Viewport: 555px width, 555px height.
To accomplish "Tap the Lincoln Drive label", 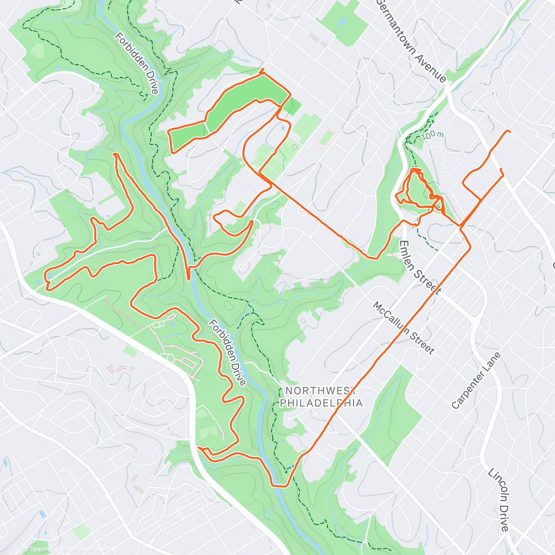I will pyautogui.click(x=499, y=499).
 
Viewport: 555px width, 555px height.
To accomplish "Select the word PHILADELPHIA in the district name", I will pyautogui.click(x=321, y=403).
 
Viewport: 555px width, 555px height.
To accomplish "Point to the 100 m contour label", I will pyautogui.click(x=432, y=135).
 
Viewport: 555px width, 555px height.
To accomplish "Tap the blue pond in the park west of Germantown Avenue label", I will pyautogui.click(x=342, y=21).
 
